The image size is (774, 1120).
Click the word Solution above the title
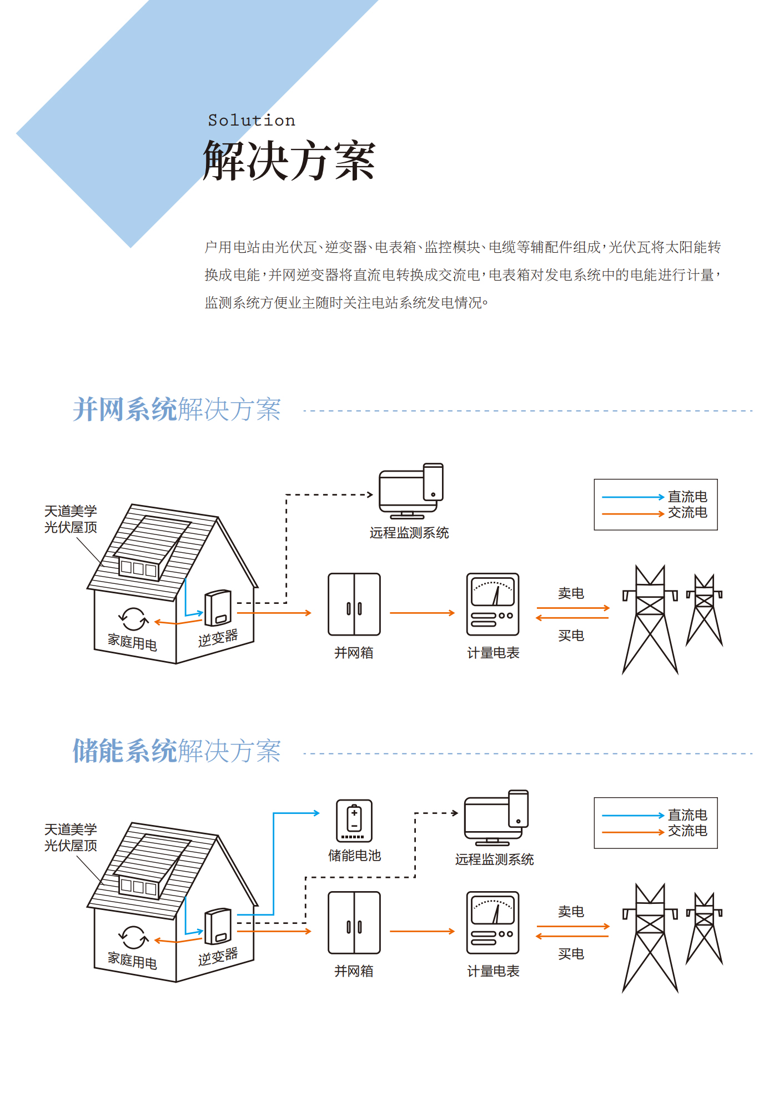(x=252, y=121)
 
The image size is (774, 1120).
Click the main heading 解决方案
(x=289, y=161)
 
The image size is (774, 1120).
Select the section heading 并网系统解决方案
(x=177, y=409)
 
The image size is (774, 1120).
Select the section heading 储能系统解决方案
(x=177, y=751)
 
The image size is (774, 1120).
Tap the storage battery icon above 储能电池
(x=354, y=821)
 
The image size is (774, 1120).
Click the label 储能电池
(x=354, y=856)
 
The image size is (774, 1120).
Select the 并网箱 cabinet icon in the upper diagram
(x=354, y=604)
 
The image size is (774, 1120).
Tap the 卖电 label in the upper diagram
(x=571, y=593)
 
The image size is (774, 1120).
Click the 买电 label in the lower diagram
(x=571, y=954)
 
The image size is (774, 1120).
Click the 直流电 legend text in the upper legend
(x=687, y=497)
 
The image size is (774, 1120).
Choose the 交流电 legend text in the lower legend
(x=687, y=831)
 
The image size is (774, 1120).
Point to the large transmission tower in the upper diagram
(x=650, y=619)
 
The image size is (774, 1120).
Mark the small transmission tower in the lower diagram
(x=704, y=928)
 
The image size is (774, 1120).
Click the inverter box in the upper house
(x=218, y=608)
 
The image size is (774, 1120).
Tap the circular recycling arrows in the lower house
(x=133, y=937)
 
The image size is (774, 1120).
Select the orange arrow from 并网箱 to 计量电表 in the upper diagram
(x=422, y=613)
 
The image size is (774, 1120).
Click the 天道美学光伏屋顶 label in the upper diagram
(x=71, y=519)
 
